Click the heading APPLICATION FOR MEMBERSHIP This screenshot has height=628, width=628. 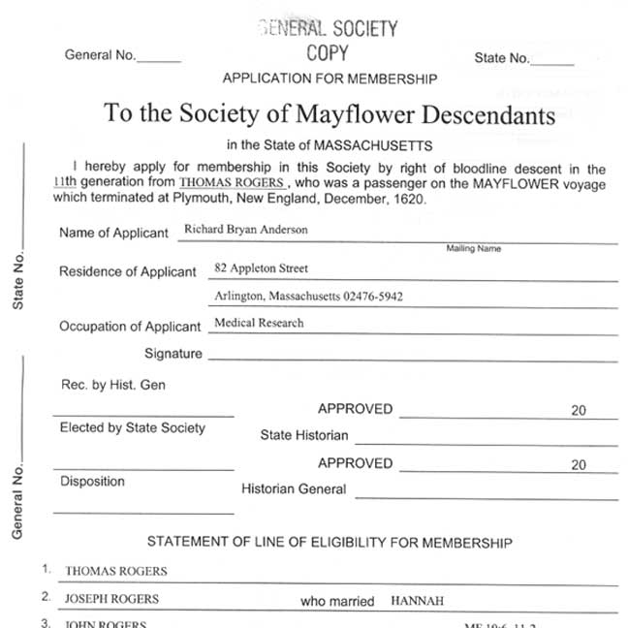tap(329, 78)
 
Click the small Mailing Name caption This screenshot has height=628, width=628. tap(473, 249)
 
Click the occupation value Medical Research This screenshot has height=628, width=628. tap(259, 323)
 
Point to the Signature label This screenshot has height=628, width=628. tap(173, 354)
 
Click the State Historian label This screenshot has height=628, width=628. tap(303, 435)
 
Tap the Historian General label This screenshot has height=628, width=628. tap(294, 489)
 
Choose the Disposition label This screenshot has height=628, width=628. tap(92, 481)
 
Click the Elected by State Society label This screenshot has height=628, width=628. tap(133, 427)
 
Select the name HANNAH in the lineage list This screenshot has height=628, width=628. tap(417, 601)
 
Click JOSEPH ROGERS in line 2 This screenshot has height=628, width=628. tap(111, 599)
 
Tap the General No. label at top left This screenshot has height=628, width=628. tap(101, 55)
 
